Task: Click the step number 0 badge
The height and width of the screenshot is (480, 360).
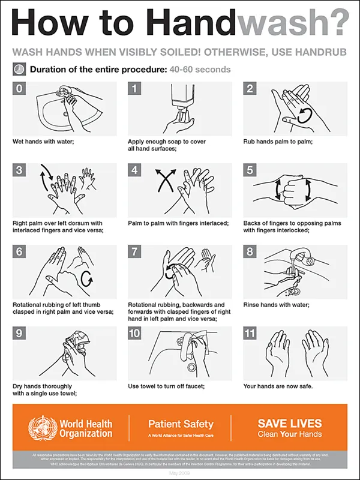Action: coord(19,89)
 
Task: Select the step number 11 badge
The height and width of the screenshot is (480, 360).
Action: coord(251,333)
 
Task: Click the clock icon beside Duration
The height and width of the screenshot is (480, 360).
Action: coord(19,69)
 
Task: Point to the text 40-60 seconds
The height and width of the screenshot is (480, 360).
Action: coord(200,70)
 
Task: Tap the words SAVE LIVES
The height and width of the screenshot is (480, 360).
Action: coord(289,423)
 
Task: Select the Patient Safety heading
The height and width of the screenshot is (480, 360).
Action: coord(179,423)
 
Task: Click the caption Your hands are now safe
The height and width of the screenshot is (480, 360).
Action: coord(278,386)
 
